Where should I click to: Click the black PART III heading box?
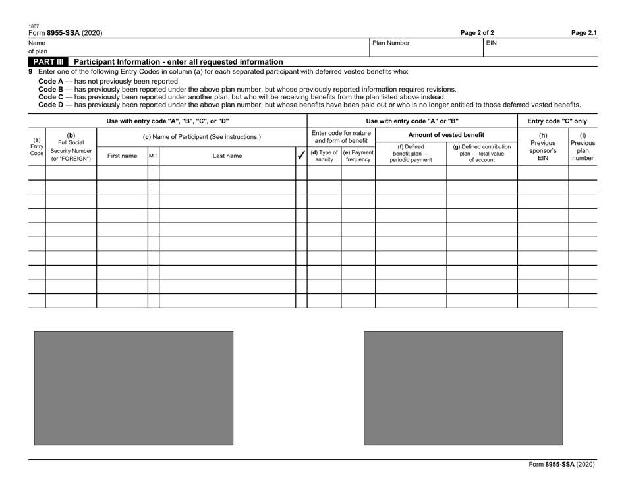point(47,61)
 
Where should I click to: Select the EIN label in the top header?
point(492,43)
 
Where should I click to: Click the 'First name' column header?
point(122,156)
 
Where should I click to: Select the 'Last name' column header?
point(227,156)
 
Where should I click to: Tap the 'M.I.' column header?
point(153,156)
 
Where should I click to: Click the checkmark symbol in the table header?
point(301,156)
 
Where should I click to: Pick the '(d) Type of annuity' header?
point(324,156)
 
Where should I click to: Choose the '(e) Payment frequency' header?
point(358,156)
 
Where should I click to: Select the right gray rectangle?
point(463,388)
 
